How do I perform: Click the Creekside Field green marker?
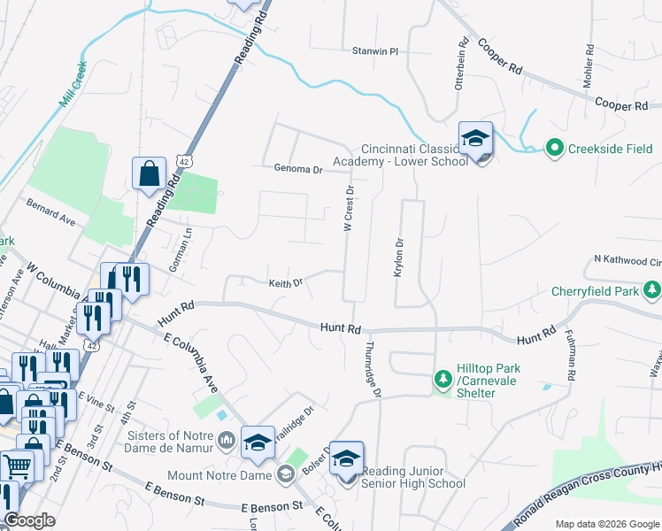[x=554, y=147]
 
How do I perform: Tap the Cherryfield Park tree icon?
[x=652, y=290]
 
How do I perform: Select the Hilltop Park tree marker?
[x=443, y=379]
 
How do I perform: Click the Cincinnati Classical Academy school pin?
[x=475, y=139]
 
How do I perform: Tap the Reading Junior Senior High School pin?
[x=346, y=458]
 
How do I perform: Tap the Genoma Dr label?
[x=298, y=168]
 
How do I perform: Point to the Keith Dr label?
[x=286, y=283]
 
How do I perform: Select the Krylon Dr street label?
[x=398, y=258]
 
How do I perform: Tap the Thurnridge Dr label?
[x=373, y=368]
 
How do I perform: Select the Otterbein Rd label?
[x=461, y=62]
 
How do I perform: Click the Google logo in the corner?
[x=30, y=520]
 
